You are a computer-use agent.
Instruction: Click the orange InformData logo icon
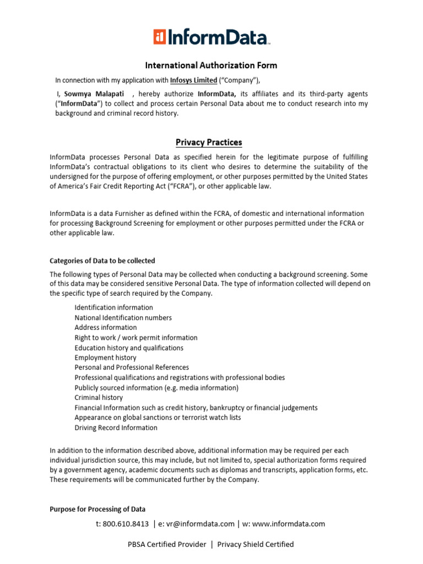point(160,37)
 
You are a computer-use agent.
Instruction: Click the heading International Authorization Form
point(211,66)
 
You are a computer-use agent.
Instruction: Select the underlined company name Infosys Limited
point(193,80)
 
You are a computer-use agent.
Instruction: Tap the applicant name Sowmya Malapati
point(94,94)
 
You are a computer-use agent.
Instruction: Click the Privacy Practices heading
point(209,143)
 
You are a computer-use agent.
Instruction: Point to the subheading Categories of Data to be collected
point(102,261)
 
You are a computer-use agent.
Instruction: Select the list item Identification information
point(114,307)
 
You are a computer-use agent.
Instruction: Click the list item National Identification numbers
point(123,318)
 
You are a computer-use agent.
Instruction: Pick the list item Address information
point(106,328)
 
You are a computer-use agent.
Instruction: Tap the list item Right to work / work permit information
point(136,338)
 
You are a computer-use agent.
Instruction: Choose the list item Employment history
point(106,357)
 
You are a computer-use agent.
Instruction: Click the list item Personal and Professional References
point(132,367)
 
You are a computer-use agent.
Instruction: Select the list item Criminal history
point(99,398)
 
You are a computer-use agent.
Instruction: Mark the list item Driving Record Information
point(116,427)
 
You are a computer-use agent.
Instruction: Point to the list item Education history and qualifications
point(129,348)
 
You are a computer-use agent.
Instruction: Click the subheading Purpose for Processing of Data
point(97,509)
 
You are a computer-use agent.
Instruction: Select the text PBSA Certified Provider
point(167,544)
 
